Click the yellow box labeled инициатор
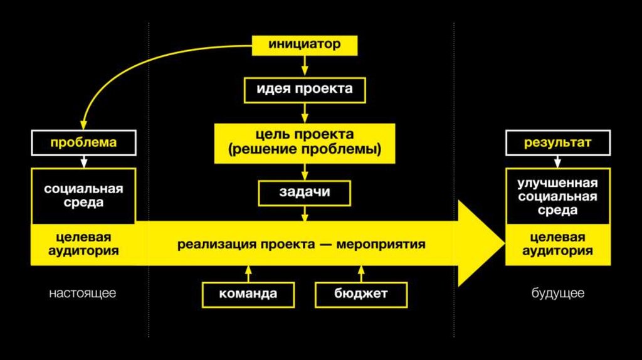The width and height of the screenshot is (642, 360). pyautogui.click(x=305, y=45)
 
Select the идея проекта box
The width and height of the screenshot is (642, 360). pyautogui.click(x=305, y=89)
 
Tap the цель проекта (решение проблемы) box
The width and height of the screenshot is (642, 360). pyautogui.click(x=305, y=143)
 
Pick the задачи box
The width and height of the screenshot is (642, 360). pyautogui.click(x=305, y=193)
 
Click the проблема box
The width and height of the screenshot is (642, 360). pyautogui.click(x=83, y=142)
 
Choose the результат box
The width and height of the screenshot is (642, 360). pyautogui.click(x=557, y=142)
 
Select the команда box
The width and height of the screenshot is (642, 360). pyautogui.click(x=248, y=294)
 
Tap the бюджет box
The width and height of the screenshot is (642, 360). pyautogui.click(x=360, y=294)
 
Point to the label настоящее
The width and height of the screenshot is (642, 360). pyautogui.click(x=83, y=293)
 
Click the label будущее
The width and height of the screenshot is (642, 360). pyautogui.click(x=558, y=293)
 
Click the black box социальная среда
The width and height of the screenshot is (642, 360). pyautogui.click(x=83, y=196)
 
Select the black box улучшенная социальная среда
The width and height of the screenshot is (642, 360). pyautogui.click(x=557, y=196)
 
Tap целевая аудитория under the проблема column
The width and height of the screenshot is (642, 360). pyautogui.click(x=83, y=245)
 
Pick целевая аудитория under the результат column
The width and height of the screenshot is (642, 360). pyautogui.click(x=557, y=245)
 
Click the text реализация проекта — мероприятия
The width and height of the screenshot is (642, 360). pyautogui.click(x=301, y=245)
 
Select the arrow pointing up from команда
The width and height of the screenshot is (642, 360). pyautogui.click(x=248, y=273)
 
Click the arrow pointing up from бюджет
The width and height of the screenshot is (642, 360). pyautogui.click(x=360, y=273)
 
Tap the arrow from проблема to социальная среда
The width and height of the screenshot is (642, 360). pyautogui.click(x=83, y=161)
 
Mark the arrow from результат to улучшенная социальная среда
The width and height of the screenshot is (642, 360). pyautogui.click(x=557, y=161)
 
